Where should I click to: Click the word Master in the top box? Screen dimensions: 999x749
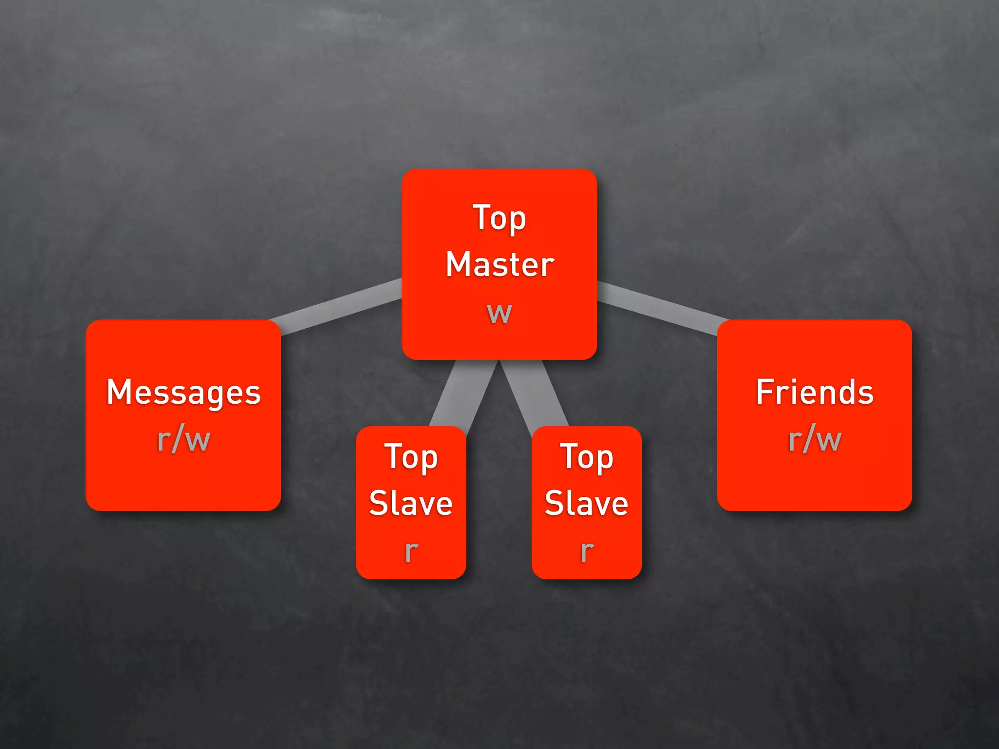(x=500, y=265)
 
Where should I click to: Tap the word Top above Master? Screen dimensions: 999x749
(x=499, y=218)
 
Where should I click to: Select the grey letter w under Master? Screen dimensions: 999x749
(x=499, y=313)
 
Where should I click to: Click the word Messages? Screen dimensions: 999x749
(x=184, y=393)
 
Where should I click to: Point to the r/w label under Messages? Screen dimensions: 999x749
(x=184, y=440)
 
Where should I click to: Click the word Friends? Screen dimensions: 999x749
(x=815, y=393)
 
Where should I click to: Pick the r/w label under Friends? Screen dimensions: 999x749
(x=815, y=440)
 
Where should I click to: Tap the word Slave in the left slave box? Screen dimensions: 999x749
(x=411, y=503)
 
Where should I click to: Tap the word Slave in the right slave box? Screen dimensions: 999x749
(x=586, y=503)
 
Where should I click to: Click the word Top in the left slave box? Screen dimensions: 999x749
(x=411, y=457)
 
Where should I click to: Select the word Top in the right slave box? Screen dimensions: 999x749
(x=586, y=457)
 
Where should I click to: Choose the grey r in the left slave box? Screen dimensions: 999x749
(x=411, y=551)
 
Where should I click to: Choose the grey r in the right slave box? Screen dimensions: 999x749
(x=587, y=551)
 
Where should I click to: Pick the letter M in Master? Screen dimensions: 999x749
(x=459, y=265)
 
